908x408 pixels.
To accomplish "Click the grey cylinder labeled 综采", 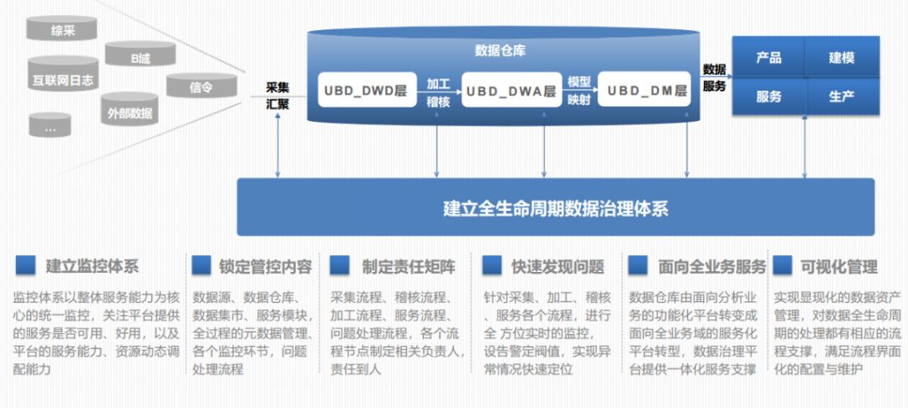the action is click(x=62, y=31).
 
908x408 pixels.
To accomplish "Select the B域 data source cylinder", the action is click(x=140, y=57).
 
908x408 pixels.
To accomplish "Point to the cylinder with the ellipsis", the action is click(x=50, y=128).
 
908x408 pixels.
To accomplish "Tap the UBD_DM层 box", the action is click(x=647, y=91).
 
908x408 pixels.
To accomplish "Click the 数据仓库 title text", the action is click(x=501, y=51).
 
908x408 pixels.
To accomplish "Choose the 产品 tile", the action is click(x=768, y=57).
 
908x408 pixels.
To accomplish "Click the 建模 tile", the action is click(x=842, y=57).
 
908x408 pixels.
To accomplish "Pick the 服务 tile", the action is click(x=768, y=96).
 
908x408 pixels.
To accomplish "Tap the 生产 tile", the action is click(x=842, y=96).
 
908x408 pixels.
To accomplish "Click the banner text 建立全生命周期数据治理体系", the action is click(x=556, y=207).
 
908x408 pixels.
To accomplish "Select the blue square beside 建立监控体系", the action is click(x=25, y=265).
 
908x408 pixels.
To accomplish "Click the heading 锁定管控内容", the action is click(x=265, y=267).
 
